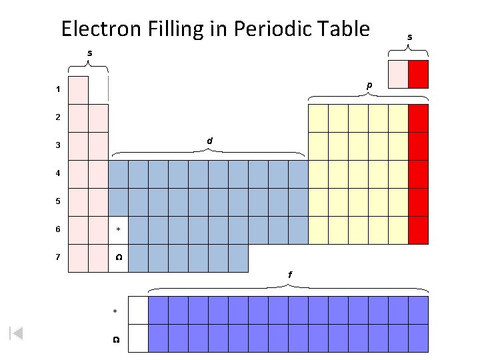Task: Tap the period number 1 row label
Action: (x=59, y=89)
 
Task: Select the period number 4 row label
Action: (x=59, y=173)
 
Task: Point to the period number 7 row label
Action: (x=59, y=257)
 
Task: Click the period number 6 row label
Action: (x=59, y=229)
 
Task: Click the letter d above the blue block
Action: (x=209, y=141)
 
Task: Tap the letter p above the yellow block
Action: (x=369, y=85)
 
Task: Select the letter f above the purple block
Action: (x=289, y=275)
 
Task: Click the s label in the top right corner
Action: (x=409, y=38)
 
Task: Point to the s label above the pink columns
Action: (x=89, y=52)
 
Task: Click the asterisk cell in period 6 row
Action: (x=118, y=230)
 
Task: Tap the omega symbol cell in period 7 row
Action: (x=118, y=258)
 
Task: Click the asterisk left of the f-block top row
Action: (x=115, y=311)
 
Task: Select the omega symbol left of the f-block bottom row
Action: (x=115, y=340)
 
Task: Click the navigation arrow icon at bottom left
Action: (x=17, y=333)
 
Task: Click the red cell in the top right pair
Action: (x=418, y=73)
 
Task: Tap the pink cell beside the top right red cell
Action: (x=398, y=73)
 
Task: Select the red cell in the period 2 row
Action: (x=418, y=118)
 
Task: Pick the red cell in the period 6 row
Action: (x=418, y=230)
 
